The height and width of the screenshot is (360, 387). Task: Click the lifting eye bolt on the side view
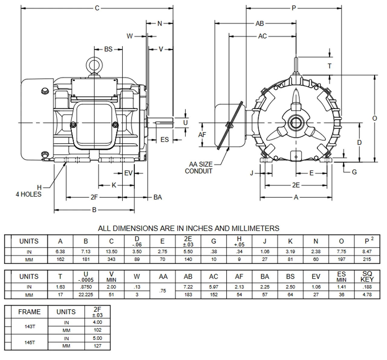[94, 65]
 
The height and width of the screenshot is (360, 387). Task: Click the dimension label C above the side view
[97, 8]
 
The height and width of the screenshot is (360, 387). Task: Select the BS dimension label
[108, 49]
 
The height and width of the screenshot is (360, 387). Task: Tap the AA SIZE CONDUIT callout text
[199, 168]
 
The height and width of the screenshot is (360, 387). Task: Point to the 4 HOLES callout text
[28, 194]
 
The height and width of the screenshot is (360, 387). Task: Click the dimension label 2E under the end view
[296, 185]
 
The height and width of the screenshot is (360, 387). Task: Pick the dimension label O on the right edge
[375, 118]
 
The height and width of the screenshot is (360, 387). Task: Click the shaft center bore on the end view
[295, 123]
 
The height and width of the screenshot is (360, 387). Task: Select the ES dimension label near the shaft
[164, 140]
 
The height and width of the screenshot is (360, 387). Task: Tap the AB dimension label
[259, 23]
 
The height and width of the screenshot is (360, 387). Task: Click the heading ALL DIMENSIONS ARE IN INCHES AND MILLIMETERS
[188, 228]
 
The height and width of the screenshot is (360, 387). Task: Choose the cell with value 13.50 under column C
[111, 252]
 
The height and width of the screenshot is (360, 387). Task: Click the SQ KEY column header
[367, 276]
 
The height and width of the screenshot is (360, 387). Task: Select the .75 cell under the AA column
[163, 291]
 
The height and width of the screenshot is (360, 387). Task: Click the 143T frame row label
[29, 326]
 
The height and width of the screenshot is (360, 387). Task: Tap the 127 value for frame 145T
[97, 346]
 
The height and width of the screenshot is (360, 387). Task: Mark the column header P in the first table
[367, 241]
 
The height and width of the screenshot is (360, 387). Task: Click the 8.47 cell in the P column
[367, 252]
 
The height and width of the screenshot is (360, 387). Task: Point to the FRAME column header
[29, 312]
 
